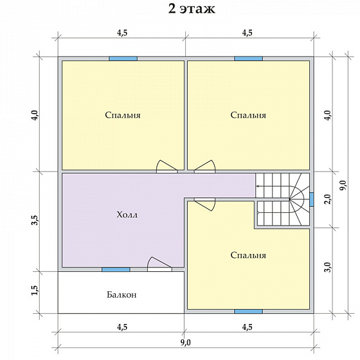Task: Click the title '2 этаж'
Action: click(192, 10)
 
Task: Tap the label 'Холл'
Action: click(127, 215)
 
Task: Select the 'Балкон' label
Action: click(122, 294)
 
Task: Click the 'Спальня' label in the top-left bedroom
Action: click(123, 115)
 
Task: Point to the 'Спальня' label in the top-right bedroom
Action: click(248, 115)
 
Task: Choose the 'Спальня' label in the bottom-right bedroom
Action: click(248, 255)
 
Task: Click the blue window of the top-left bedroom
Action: click(123, 59)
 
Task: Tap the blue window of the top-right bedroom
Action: click(248, 59)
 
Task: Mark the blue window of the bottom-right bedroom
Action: click(248, 311)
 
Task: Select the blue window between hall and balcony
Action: click(116, 269)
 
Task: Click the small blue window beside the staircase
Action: click(312, 199)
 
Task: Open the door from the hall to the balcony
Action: click(159, 264)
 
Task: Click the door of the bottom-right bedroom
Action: click(205, 204)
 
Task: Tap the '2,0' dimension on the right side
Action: click(328, 199)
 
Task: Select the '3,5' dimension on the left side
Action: click(35, 220)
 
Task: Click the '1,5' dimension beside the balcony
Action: click(35, 291)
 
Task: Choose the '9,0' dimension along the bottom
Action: click(186, 343)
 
